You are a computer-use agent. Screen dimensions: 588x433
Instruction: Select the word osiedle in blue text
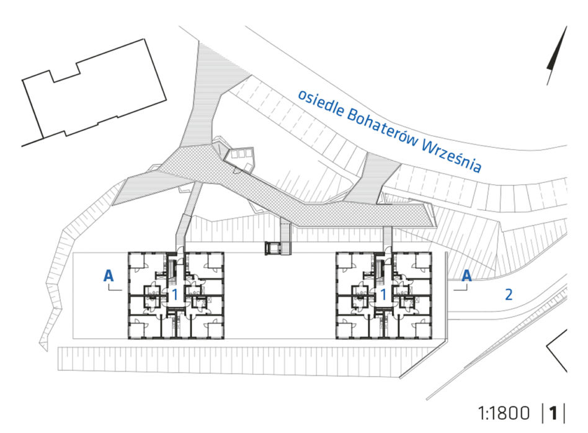321,103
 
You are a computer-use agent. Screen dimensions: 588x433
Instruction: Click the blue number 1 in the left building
174,295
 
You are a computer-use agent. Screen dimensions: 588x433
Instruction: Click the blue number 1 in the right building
383,295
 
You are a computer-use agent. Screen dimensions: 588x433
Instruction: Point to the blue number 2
509,295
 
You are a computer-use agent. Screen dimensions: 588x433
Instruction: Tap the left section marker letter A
109,276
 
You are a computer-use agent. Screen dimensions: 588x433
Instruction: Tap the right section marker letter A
466,276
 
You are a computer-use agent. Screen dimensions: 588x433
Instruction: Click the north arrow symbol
556,56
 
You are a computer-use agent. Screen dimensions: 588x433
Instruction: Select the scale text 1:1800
504,413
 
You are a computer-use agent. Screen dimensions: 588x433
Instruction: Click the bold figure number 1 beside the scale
553,413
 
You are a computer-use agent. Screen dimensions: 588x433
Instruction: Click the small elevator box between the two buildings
272,249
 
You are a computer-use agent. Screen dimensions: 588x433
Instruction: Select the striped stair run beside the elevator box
286,238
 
